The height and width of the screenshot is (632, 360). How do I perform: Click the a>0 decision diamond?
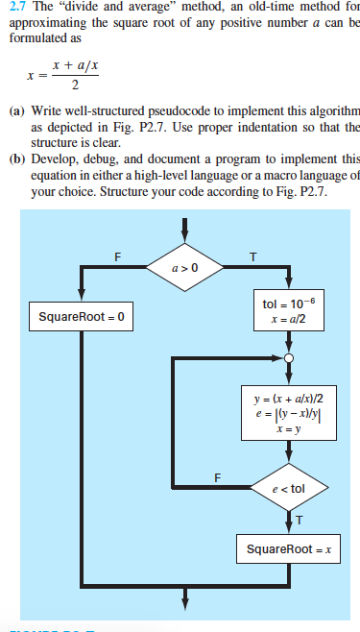coord(184,267)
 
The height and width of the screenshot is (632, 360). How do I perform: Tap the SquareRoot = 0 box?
coord(82,316)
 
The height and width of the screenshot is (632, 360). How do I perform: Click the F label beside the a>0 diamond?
coord(117,255)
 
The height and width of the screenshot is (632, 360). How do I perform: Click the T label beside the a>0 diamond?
coord(252,255)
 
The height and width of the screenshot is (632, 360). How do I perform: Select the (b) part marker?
coord(16,158)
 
